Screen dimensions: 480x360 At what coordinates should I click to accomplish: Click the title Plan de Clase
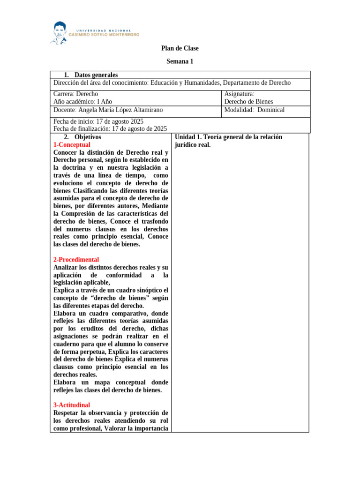[180, 48]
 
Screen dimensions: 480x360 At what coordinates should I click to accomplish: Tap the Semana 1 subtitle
[180, 61]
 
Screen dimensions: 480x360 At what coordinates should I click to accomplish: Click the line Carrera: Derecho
[76, 94]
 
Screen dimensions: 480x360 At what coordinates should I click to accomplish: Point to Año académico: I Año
[82, 102]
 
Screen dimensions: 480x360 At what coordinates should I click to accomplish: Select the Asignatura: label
[239, 94]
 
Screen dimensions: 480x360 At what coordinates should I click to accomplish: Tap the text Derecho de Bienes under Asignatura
[248, 102]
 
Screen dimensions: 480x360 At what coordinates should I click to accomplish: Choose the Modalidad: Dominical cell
[254, 110]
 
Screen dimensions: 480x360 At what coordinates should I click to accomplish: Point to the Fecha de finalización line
[110, 129]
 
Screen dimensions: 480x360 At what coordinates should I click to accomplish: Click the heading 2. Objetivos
[82, 137]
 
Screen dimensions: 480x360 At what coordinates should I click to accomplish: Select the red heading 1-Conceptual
[72, 145]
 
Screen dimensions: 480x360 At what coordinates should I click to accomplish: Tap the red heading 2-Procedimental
[76, 260]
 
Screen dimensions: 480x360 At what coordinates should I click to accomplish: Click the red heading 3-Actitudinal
[72, 405]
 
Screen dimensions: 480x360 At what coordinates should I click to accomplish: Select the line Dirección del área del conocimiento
[172, 83]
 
